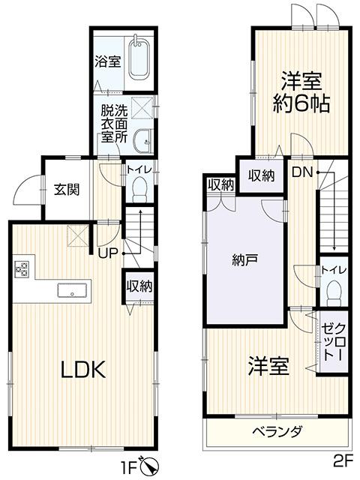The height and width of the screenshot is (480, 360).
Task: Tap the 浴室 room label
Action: pos(108,61)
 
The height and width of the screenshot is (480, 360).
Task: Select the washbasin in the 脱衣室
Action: pos(142,140)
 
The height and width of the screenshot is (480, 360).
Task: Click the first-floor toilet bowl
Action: pos(140,188)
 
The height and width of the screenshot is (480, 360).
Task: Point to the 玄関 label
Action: pos(67,190)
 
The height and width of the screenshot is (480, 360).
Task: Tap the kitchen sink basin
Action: pos(72,290)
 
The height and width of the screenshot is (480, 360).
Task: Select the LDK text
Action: pos(83,369)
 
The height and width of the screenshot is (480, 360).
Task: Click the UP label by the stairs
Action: pos(108,253)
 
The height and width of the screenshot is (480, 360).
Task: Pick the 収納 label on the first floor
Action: pos(139,286)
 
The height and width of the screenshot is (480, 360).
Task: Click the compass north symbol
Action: pos(150,466)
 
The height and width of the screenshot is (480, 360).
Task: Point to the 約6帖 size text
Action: pos(301,103)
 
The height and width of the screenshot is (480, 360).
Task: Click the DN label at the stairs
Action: pos(301,173)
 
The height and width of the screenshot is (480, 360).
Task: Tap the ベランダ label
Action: pos(277,432)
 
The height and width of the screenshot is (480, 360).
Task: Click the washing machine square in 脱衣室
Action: pos(142,107)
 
